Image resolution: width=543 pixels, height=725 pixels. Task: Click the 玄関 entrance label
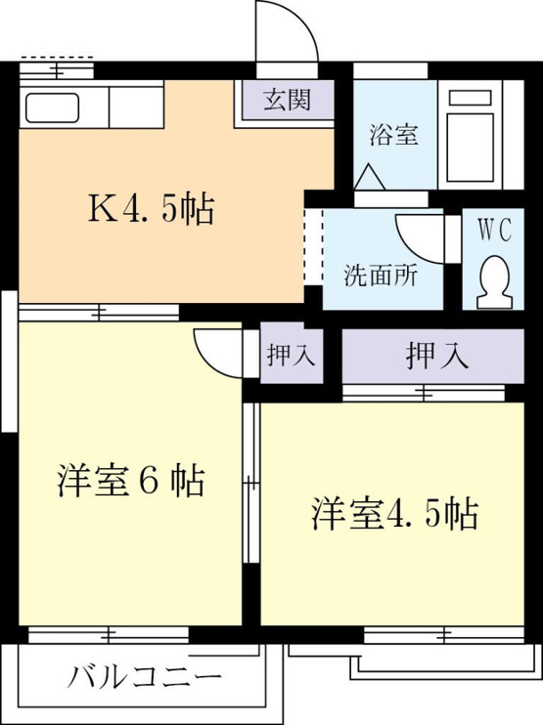[x=287, y=100]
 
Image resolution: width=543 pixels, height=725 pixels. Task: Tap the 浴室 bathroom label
[x=393, y=135]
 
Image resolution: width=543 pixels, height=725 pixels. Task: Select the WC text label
[x=494, y=230]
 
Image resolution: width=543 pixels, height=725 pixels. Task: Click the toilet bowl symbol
[x=494, y=282]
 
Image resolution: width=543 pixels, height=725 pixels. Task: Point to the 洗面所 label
[x=381, y=276]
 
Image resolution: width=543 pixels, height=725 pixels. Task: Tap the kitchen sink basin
[x=52, y=107]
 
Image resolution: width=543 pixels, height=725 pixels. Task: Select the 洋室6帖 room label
[x=131, y=481]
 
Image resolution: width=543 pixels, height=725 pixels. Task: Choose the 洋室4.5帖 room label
[x=395, y=513]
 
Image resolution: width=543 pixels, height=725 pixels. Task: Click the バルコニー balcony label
[x=145, y=678]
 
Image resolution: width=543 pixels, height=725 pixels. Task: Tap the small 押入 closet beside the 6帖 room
[x=292, y=356]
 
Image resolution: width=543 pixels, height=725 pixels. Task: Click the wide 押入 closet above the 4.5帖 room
[x=432, y=356]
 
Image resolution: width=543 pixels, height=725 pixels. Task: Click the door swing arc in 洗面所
[x=412, y=249]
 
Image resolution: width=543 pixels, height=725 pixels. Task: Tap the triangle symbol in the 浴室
[x=369, y=177]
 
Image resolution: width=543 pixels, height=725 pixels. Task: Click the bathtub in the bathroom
[x=470, y=135]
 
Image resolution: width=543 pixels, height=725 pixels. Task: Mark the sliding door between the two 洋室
[x=251, y=483]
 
